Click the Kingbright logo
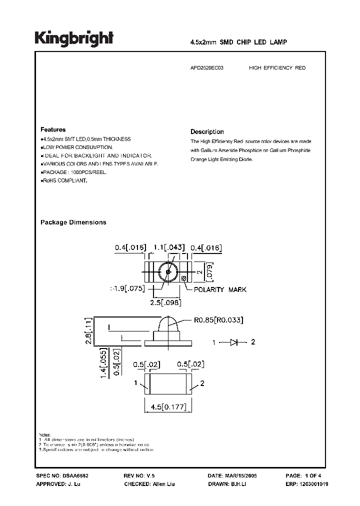[x=74, y=38]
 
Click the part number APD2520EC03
[x=207, y=67]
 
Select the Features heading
[x=52, y=129]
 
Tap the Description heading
[x=207, y=132]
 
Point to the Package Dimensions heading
[x=73, y=222]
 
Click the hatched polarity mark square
[x=183, y=278]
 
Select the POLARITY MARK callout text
[x=220, y=289]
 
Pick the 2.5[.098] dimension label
[x=165, y=303]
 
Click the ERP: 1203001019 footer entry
[x=306, y=485]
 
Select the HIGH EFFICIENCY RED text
[x=277, y=67]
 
